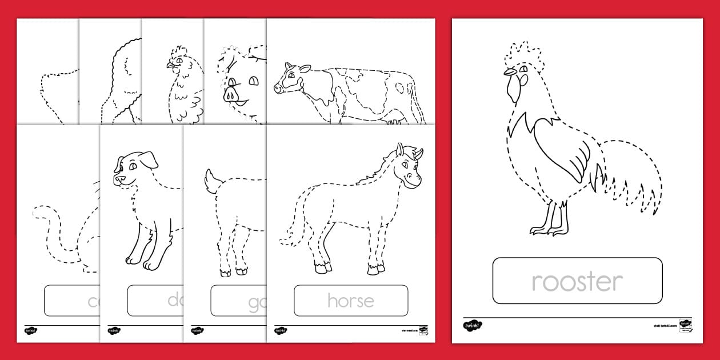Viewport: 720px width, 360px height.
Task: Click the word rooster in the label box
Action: pos(577,282)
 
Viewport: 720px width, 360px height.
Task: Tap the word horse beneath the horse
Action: pos(351,301)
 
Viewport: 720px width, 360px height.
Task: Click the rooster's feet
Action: pos(549,229)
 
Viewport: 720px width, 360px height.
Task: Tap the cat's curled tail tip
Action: pos(39,213)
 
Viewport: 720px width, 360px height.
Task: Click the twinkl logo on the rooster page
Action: pos(473,325)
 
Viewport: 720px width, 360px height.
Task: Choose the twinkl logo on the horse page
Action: pos(281,330)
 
